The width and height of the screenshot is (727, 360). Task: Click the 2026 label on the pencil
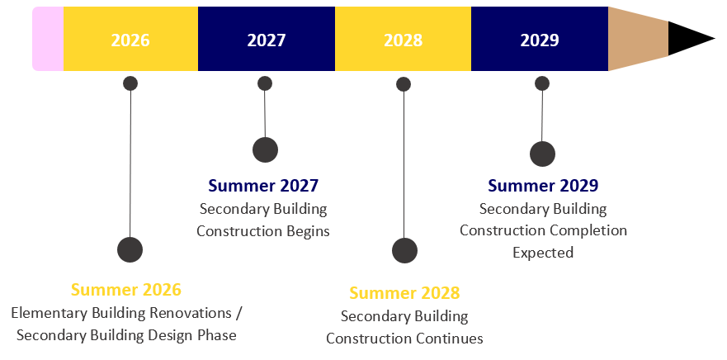130,40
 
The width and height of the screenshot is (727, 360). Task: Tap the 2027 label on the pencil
266,40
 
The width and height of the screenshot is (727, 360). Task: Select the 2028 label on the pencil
403,40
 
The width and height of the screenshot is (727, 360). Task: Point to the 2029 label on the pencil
540,40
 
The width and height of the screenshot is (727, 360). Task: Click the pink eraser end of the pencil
48,39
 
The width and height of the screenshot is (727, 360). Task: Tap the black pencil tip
689,39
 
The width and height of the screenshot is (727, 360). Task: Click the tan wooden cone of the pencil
637,39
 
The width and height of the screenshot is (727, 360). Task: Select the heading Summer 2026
125,290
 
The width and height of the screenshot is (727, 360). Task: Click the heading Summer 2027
263,186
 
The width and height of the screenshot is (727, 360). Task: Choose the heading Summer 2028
404,293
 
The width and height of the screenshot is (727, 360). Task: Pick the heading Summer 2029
543,186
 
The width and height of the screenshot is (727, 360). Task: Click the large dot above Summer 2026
130,249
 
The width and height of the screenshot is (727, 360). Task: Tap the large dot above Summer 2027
265,149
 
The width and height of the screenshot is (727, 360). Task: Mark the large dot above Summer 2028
404,251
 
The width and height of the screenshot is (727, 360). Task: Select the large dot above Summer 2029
542,154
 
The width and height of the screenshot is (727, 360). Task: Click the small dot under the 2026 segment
130,83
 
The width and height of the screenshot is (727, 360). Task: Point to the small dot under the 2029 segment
542,83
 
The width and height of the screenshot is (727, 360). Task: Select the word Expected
543,253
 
